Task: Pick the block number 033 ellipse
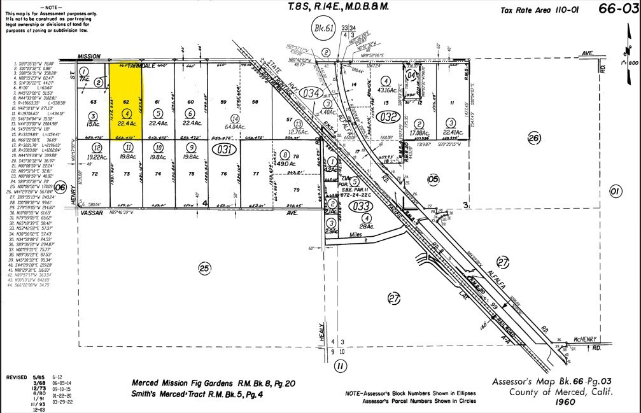click(361, 206)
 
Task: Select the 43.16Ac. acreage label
click(385, 91)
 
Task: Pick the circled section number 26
click(533, 138)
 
